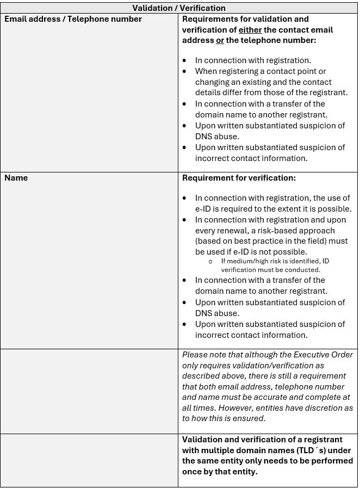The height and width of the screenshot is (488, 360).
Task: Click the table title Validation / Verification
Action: [179, 8]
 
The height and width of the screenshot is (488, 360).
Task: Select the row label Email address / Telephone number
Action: [73, 19]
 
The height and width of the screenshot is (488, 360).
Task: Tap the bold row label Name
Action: [16, 178]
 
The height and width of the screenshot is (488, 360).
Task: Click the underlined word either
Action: [250, 30]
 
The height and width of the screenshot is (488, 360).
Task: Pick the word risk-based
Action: [314, 231]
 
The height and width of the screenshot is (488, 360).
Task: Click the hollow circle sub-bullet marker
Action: [210, 262]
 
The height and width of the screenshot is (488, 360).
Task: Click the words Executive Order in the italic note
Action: [324, 355]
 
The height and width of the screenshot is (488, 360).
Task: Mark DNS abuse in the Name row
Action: [217, 313]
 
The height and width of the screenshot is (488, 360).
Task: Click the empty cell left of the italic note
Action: [89, 391]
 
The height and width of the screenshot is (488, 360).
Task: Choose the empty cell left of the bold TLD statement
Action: [89, 460]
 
